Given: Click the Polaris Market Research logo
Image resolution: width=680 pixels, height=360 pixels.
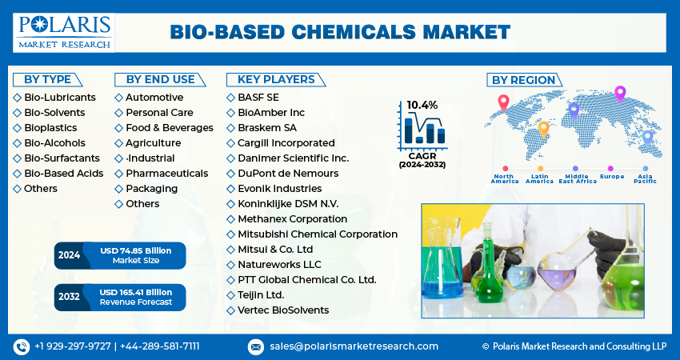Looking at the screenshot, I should [64, 32].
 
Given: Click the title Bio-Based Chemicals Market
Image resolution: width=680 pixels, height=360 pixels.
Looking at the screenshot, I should [340, 32].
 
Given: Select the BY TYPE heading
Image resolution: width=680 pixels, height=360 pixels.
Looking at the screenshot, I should [47, 79].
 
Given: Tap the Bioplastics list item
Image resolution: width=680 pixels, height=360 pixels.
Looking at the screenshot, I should [50, 127].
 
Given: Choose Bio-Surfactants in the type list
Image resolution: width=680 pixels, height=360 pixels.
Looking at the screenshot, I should [62, 158].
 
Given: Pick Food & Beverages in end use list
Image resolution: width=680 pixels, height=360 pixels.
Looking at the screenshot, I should [169, 127].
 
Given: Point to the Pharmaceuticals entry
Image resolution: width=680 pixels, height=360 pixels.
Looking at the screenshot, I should [166, 173].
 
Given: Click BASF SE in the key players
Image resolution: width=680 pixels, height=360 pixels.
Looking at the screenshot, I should [258, 97].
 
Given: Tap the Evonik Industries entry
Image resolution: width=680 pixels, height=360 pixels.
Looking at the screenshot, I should [279, 188].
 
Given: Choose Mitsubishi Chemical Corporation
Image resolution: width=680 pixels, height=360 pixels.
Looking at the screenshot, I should [317, 234].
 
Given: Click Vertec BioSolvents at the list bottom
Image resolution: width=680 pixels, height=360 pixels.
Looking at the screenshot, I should [282, 310].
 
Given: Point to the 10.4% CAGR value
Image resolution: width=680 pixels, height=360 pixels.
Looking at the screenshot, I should [422, 105].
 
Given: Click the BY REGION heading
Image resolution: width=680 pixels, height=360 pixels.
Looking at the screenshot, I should [522, 79].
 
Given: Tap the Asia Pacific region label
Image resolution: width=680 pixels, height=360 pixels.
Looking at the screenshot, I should [646, 178].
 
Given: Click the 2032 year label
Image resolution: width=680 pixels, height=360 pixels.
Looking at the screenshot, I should [69, 296].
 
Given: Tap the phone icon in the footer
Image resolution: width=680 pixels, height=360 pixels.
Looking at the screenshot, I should [21, 346].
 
